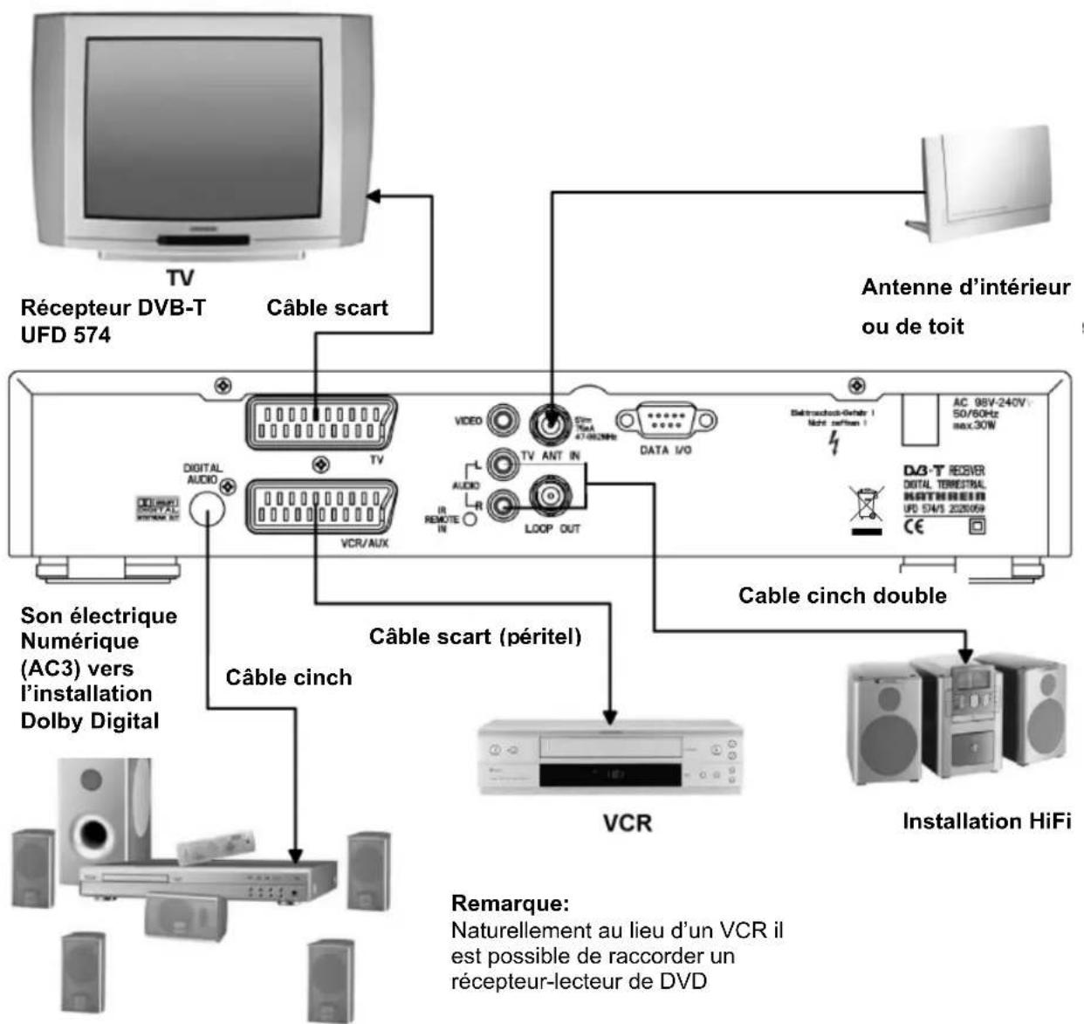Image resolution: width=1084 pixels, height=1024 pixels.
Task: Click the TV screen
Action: click(x=202, y=128)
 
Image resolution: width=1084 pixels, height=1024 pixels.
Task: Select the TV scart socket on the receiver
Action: click(x=321, y=423)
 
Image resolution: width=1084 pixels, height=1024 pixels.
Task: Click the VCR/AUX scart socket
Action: click(x=321, y=506)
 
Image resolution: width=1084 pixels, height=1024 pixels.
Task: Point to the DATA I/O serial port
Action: click(x=666, y=421)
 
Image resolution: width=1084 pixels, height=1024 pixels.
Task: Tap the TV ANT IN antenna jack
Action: click(x=551, y=423)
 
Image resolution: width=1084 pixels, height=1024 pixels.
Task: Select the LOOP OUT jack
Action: click(x=551, y=497)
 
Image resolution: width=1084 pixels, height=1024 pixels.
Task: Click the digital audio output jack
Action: click(x=207, y=509)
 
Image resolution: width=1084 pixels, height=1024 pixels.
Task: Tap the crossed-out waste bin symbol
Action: click(x=866, y=506)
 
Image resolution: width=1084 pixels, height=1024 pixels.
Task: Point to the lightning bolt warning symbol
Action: click(x=834, y=443)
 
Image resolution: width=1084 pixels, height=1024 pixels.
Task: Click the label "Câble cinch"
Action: click(x=289, y=677)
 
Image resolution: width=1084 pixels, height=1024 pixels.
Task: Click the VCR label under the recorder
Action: click(x=627, y=822)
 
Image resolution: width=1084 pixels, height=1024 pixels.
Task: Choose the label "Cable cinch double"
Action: click(x=842, y=595)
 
